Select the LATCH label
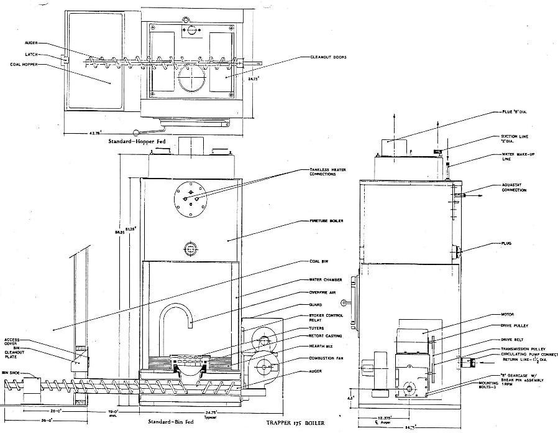tap(31, 54)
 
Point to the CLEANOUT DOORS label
tap(328, 57)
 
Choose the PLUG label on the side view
tap(506, 243)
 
